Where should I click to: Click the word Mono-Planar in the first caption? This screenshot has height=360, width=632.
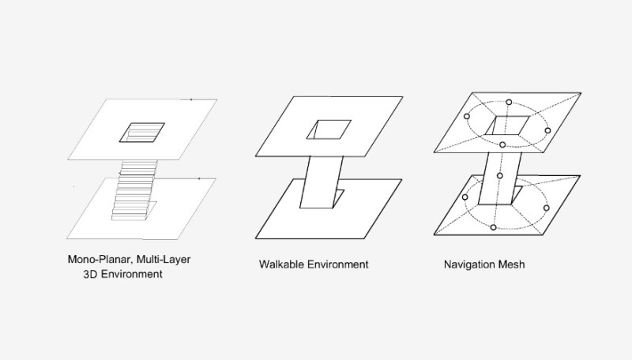100,260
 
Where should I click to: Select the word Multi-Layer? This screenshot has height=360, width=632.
164,260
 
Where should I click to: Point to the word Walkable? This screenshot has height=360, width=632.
281,264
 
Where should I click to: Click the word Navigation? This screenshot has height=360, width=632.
469,264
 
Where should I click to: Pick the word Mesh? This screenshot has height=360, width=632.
511,264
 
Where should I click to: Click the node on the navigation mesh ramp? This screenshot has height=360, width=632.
500,175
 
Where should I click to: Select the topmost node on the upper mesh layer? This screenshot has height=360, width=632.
509,103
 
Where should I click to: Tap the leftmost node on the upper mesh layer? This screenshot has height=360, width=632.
467,116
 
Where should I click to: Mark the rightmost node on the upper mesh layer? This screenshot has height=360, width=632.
547,130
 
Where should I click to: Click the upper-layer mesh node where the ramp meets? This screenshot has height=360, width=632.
502,144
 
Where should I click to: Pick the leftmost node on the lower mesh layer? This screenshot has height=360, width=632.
465,197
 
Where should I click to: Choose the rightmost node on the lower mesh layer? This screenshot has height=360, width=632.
546,208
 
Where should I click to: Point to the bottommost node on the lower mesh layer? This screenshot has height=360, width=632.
493,227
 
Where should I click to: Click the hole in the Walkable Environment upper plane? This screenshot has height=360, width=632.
329,129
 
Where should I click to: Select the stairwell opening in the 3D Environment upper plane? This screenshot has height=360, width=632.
142,133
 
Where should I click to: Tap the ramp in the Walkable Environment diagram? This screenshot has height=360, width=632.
322,182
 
